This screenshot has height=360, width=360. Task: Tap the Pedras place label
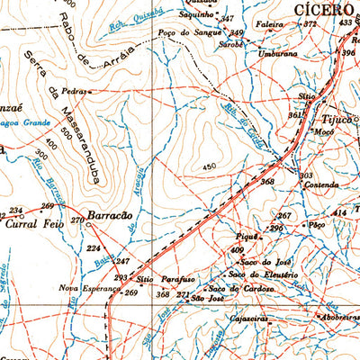(x=74, y=91)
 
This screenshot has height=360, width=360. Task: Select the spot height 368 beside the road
(x=267, y=182)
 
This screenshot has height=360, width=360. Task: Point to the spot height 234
(x=15, y=211)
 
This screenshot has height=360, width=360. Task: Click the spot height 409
(x=238, y=249)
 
